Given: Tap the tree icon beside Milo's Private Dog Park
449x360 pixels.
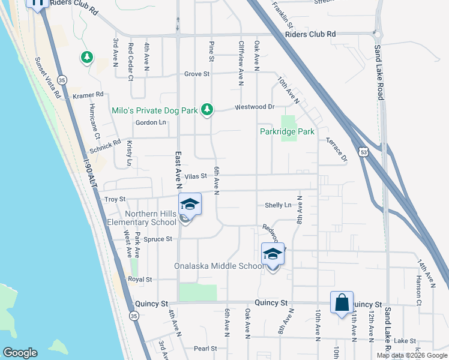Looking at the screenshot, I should (207, 109).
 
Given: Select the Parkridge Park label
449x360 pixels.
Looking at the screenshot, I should (287, 131).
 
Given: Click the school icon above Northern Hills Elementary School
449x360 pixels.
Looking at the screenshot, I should (190, 205).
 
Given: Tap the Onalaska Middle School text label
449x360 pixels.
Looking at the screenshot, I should (218, 266).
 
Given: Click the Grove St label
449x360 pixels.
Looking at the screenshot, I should (196, 74).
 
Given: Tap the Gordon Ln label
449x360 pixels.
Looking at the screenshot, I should (150, 122).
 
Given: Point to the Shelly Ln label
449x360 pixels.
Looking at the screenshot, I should (278, 205).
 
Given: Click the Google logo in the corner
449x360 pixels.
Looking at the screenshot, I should (20, 353).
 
